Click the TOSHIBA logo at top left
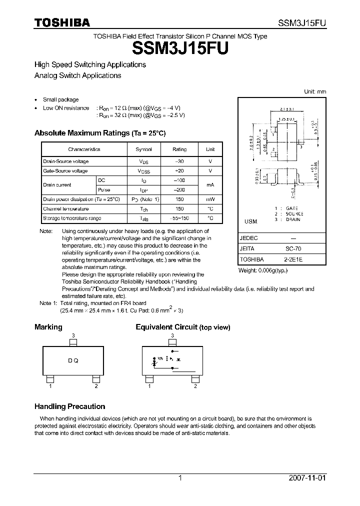coord(62,22)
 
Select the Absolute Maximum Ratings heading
coord(99,133)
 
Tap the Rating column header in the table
coord(179,149)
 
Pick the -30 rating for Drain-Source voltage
coord(179,161)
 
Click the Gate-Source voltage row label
coord(65,171)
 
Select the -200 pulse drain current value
coord(179,190)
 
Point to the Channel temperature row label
coord(65,209)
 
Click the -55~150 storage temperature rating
coord(179,218)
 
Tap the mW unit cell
coord(210,199)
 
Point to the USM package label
coord(250,221)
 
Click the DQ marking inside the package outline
coord(73,361)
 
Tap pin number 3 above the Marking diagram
coord(73,335)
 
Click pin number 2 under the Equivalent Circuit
coord(195,386)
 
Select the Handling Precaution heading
coord(69,406)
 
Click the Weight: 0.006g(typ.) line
coord(263,270)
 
